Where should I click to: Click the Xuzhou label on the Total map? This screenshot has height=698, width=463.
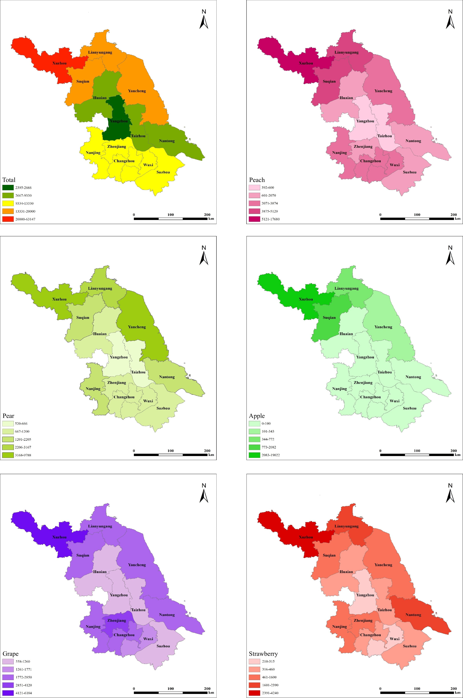59,63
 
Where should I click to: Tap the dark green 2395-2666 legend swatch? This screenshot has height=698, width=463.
8,187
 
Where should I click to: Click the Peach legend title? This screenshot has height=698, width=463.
257,180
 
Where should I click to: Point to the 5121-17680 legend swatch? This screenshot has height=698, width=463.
254,219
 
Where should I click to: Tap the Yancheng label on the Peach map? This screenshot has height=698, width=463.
383,91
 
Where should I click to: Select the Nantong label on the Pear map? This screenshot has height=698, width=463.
167,377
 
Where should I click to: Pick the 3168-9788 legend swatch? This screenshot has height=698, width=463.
8,455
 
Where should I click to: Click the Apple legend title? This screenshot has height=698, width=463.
257,416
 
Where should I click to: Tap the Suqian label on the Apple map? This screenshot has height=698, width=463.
329,318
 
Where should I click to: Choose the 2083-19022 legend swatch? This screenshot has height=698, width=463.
254,455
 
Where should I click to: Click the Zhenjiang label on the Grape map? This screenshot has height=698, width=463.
117,620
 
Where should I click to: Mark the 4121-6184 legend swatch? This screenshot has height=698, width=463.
8,693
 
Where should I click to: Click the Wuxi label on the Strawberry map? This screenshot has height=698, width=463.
395,639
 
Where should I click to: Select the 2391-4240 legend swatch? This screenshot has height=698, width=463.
254,693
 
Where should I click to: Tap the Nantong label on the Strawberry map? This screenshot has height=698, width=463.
413,615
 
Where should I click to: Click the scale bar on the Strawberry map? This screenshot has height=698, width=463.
417,692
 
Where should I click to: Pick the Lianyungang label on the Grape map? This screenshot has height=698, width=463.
100,526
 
